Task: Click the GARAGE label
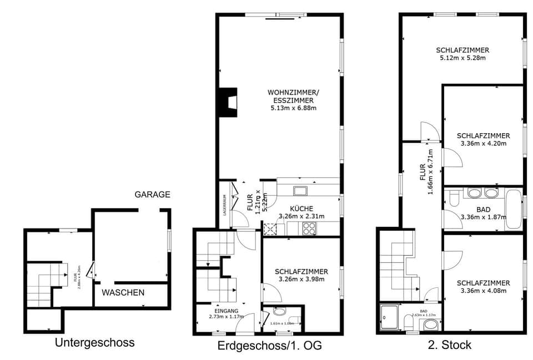(x=152, y=195)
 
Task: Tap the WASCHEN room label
(x=123, y=292)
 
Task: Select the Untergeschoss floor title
(x=94, y=342)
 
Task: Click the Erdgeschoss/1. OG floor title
(x=270, y=346)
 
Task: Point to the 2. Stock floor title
(x=449, y=345)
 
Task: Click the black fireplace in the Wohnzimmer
(x=228, y=102)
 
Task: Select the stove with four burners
(x=309, y=227)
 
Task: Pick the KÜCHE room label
(x=301, y=209)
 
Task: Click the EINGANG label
(x=226, y=311)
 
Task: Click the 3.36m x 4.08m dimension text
(x=483, y=291)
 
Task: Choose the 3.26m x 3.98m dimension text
(x=301, y=279)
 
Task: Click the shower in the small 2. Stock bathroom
(x=389, y=317)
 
